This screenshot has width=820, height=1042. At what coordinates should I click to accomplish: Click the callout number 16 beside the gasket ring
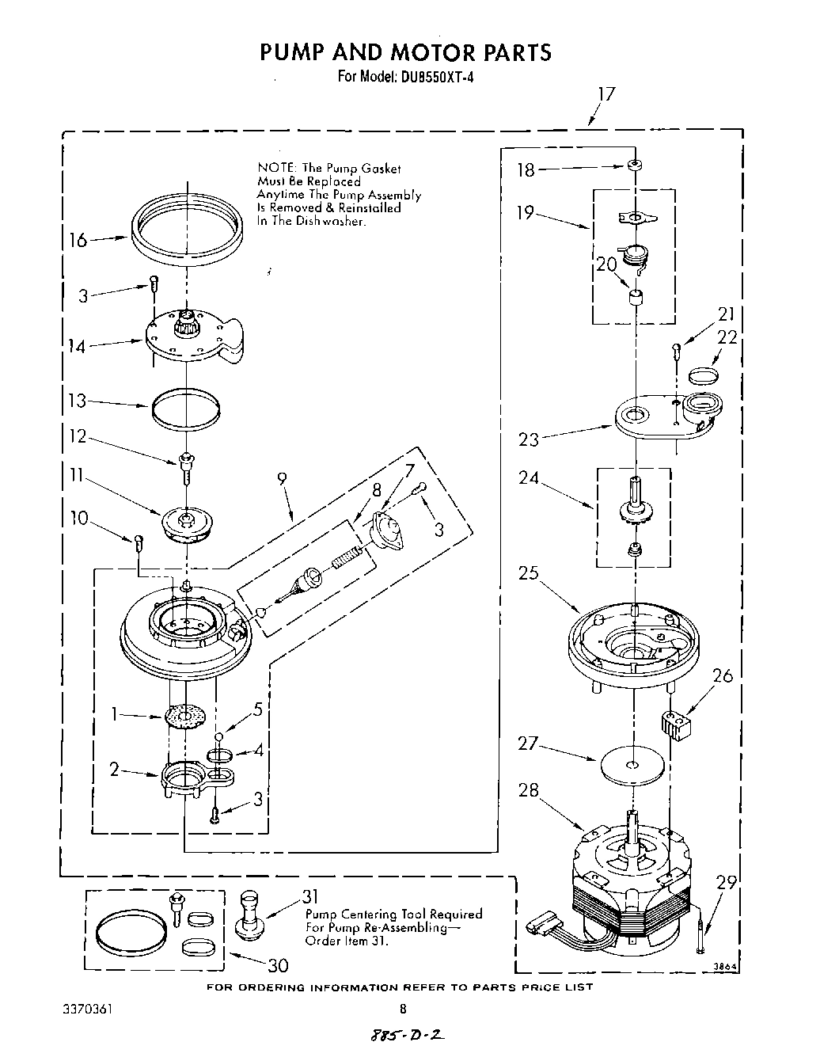78,239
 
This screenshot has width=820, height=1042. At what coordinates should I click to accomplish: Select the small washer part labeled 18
635,168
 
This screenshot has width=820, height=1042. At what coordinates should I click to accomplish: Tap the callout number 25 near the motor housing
529,572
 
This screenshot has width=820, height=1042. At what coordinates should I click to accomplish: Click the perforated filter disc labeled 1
186,717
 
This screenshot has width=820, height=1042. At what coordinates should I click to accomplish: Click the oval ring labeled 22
704,374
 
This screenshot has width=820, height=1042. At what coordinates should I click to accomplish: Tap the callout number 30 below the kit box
277,965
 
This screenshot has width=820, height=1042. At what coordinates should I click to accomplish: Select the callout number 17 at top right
606,94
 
